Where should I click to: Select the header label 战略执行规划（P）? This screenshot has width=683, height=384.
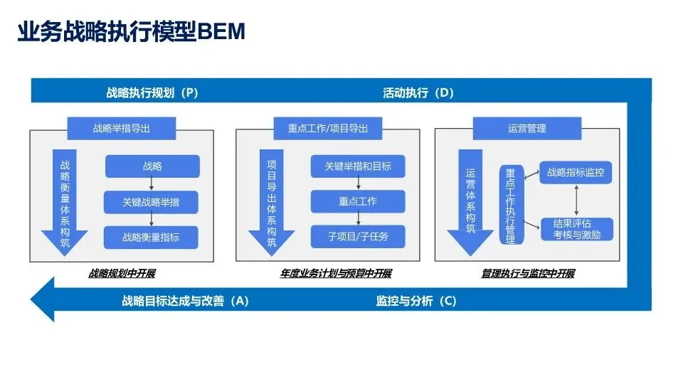tap(152, 92)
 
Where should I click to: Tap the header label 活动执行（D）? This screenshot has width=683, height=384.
tap(418, 92)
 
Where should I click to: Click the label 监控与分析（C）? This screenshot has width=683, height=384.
tap(415, 301)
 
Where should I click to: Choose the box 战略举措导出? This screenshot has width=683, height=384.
tap(122, 129)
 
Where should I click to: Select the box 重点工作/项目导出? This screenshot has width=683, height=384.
tap(328, 129)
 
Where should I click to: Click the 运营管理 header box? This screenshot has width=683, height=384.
tap(527, 129)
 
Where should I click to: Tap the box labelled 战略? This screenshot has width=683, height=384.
tap(152, 166)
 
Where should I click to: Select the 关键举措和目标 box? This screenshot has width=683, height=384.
tap(358, 166)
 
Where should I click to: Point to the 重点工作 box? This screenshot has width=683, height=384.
tap(358, 201)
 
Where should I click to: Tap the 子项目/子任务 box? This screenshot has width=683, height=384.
tap(358, 236)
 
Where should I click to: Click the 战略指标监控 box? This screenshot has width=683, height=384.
tap(575, 172)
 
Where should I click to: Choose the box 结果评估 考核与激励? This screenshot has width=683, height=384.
tap(576, 229)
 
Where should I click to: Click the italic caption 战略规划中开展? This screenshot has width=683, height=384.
tap(122, 274)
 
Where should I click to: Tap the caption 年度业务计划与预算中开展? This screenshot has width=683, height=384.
tap(336, 274)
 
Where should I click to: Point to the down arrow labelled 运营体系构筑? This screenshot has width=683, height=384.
tap(470, 201)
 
